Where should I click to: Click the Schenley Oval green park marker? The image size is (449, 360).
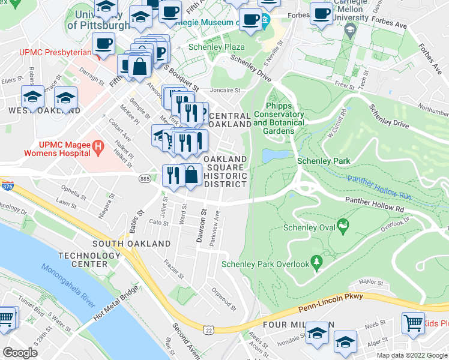pos(343,227)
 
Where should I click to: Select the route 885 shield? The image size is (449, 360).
pos(144,179)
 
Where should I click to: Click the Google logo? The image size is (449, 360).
pos(21,353)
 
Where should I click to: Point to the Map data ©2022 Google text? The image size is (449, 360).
pos(411,355)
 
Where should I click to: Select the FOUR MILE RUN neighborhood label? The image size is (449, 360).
pos(288,325)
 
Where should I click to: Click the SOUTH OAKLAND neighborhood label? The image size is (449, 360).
pos(124,244)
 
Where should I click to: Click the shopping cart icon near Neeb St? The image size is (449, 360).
pos(413,323)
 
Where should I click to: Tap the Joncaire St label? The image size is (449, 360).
pos(224,91)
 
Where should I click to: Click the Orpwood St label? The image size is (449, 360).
pos(224,296)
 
